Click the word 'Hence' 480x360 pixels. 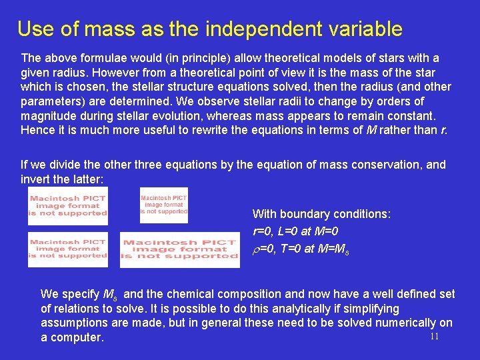tap(37, 130)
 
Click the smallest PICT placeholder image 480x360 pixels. tap(164, 205)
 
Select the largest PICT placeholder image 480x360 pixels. tap(180, 249)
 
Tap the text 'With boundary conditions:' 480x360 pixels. tap(321, 214)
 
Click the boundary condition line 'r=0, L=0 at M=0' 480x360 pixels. tap(295, 232)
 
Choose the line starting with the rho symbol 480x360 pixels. tap(301, 250)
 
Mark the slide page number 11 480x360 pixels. tap(434, 337)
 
